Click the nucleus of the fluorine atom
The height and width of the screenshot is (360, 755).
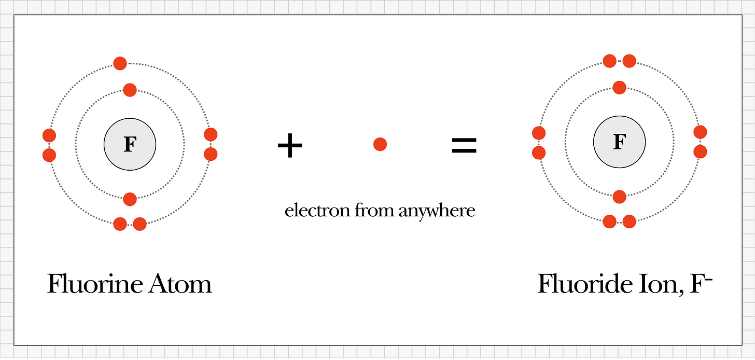[130, 144]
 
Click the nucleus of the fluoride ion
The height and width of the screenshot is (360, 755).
[619, 142]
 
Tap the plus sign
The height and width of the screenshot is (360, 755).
[290, 145]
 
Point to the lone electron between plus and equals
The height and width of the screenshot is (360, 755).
[380, 144]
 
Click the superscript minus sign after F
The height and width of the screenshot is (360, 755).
[709, 278]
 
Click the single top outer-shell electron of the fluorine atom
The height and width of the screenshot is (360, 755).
[120, 64]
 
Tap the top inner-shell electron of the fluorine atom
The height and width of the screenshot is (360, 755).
[130, 90]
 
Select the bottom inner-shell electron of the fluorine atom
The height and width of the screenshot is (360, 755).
[130, 199]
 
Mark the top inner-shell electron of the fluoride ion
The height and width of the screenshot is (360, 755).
[619, 87]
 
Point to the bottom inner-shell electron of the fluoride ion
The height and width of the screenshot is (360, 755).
[619, 197]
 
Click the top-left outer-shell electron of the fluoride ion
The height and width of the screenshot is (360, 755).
[610, 61]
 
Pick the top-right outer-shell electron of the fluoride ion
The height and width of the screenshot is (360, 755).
[629, 61]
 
